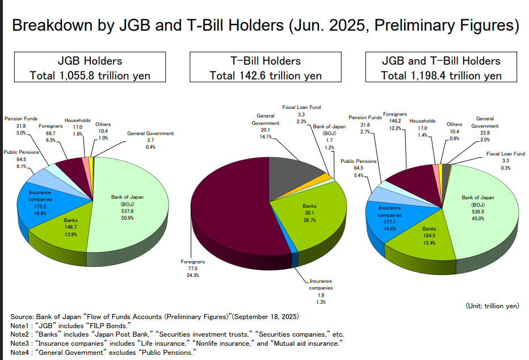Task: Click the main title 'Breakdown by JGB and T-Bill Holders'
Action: pos(264,26)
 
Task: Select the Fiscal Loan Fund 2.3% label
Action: pos(301,114)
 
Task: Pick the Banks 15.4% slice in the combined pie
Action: pos(429,236)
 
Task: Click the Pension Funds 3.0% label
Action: pos(21,125)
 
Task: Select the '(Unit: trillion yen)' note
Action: pos(492,305)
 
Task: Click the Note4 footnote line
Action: pos(102,353)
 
